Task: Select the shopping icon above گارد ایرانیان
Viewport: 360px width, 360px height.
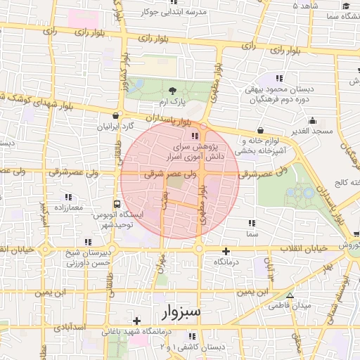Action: (x=115, y=115)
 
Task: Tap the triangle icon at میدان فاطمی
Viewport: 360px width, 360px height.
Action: (x=290, y=295)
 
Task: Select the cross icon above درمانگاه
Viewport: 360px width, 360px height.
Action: (x=226, y=251)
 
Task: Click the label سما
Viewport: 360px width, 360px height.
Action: (x=252, y=233)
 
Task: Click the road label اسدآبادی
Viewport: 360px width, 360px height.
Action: (x=69, y=327)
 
